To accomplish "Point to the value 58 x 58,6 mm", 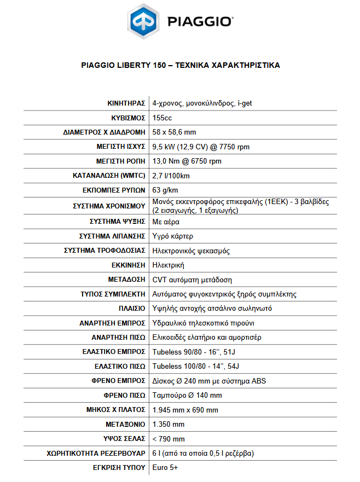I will point(174,132).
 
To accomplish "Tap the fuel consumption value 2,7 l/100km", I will point(171,176).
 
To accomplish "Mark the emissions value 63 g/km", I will point(165,190).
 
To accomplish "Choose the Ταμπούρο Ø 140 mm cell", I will point(187,395).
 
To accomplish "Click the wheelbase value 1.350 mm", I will point(168,424).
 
